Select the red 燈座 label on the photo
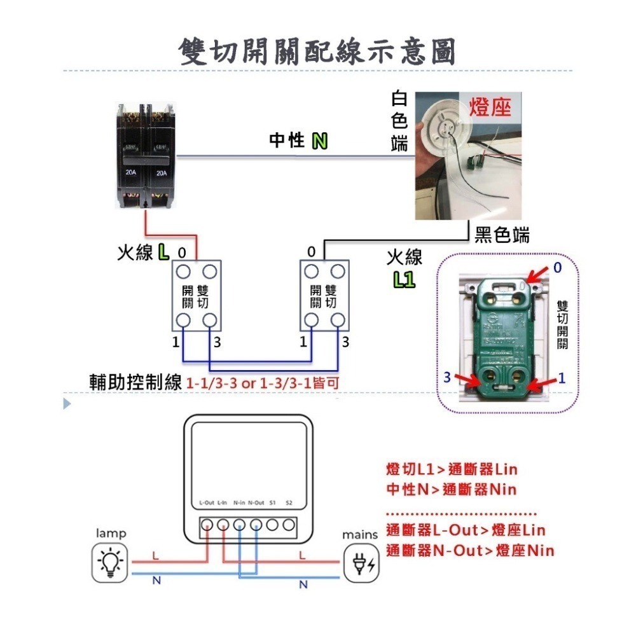(490, 107)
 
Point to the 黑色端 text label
(502, 235)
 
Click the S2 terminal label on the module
(289, 502)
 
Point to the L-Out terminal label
(206, 502)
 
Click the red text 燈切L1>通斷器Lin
(452, 470)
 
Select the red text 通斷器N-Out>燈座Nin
(469, 550)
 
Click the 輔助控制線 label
(137, 383)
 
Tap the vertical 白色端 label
(399, 121)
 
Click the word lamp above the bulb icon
(111, 533)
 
